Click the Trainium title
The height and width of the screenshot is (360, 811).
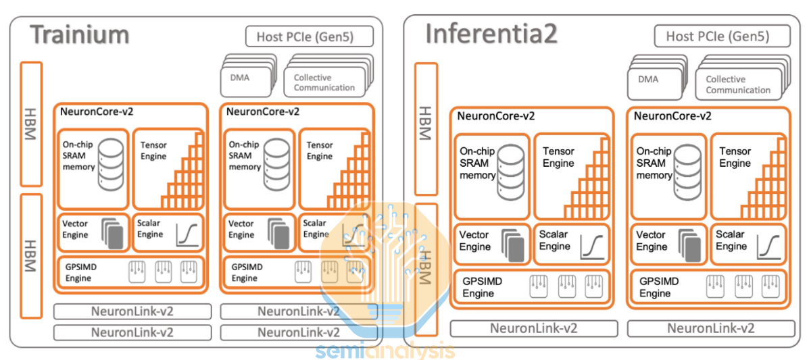pyautogui.click(x=80, y=34)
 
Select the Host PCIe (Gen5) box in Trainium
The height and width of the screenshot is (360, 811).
pyautogui.click(x=309, y=36)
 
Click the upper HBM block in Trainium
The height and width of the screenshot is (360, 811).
pyautogui.click(x=31, y=124)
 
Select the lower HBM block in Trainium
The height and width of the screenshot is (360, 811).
pyautogui.click(x=31, y=255)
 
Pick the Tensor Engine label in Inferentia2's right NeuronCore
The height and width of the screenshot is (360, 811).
pyautogui.click(x=735, y=157)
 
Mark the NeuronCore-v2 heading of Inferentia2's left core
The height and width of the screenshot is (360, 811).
pyautogui.click(x=495, y=116)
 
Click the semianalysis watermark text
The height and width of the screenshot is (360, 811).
pyautogui.click(x=386, y=351)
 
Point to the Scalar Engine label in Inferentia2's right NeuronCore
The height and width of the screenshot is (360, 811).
pyautogui.click(x=731, y=240)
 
